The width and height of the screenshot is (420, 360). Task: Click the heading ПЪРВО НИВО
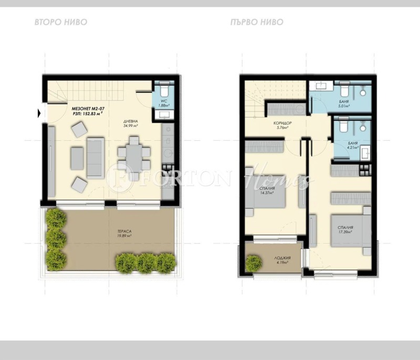[x=257, y=22]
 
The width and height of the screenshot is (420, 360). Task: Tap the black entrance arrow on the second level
[x=39, y=112]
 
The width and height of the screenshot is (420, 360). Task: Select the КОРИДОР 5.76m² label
[x=282, y=126]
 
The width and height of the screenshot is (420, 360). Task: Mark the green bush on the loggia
[x=255, y=261]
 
